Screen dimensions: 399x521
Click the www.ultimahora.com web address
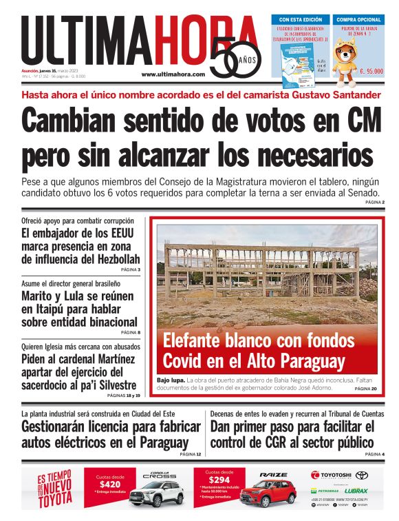173,74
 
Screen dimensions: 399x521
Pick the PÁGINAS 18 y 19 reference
124,396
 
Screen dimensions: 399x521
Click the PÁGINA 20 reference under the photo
365,389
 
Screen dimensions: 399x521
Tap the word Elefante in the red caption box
197,340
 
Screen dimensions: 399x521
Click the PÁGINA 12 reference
190,454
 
